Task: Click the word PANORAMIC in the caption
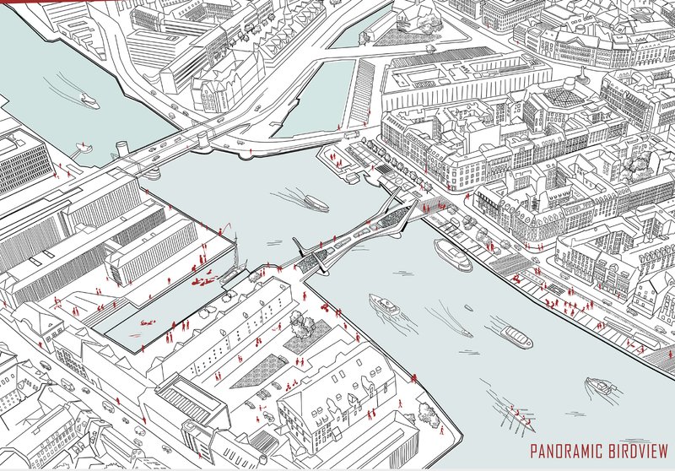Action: [568, 452]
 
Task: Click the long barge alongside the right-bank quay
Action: [453, 254]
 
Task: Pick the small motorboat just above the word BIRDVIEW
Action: [601, 387]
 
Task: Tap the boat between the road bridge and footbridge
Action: [316, 203]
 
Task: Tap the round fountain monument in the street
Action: [576, 83]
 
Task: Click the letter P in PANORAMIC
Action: [533, 452]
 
